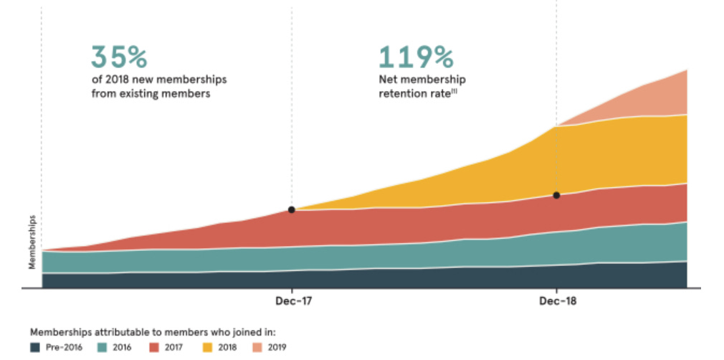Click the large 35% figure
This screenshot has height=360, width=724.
pyautogui.click(x=118, y=57)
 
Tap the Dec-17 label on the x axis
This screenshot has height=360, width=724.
pyautogui.click(x=292, y=301)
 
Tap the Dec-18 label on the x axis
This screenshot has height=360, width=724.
pyautogui.click(x=557, y=301)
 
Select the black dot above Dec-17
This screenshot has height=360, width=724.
pyautogui.click(x=292, y=209)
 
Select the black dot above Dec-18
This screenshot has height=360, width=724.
pyautogui.click(x=556, y=195)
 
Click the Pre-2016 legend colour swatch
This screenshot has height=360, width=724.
pyautogui.click(x=35, y=348)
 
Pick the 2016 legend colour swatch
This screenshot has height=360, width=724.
pyautogui.click(x=102, y=348)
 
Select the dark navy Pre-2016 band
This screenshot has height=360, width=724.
pyautogui.click(x=358, y=278)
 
